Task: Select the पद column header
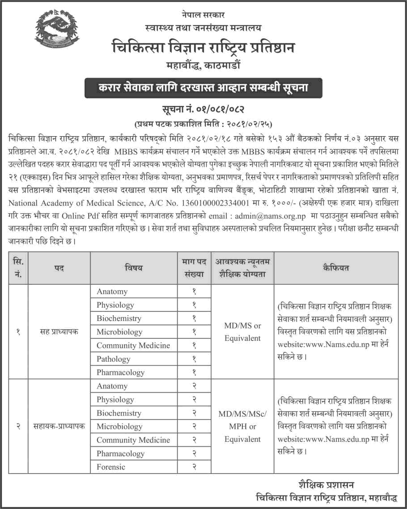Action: [x=59, y=268]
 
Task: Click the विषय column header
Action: [x=133, y=268]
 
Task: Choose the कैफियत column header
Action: [x=335, y=268]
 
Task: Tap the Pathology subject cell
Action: [x=114, y=359]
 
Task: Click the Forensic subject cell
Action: [x=111, y=467]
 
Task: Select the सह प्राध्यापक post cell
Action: [x=59, y=332]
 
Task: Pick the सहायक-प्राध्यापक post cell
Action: [x=59, y=427]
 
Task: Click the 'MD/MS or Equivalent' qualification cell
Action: [x=242, y=332]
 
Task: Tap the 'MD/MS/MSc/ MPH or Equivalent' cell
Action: [x=242, y=427]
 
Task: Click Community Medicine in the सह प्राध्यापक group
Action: [x=133, y=346]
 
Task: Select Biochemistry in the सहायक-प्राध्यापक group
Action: [x=119, y=413]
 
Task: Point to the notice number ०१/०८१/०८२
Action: [x=204, y=109]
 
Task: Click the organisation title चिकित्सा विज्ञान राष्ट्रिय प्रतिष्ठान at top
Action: [x=203, y=47]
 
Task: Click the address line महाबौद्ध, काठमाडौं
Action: [x=203, y=65]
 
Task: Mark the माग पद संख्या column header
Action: [x=194, y=268]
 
